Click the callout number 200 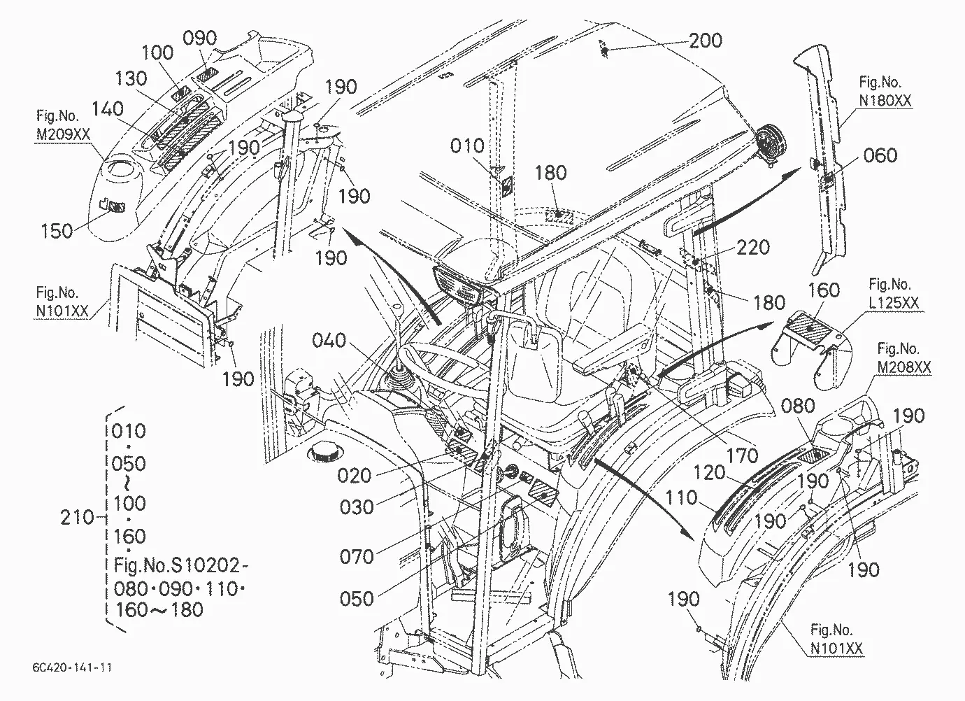706,41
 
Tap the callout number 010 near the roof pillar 467,146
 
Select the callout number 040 329,340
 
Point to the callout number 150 57,231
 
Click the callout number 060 880,155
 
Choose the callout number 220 753,248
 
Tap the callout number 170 742,455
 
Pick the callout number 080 798,406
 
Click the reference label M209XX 63,134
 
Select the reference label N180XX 885,101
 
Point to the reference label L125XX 894,303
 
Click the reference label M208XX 904,367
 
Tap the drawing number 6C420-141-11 72,668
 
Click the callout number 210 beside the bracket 77,517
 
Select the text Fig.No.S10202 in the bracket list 176,565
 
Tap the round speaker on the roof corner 771,145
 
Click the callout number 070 356,557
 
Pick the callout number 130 131,78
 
